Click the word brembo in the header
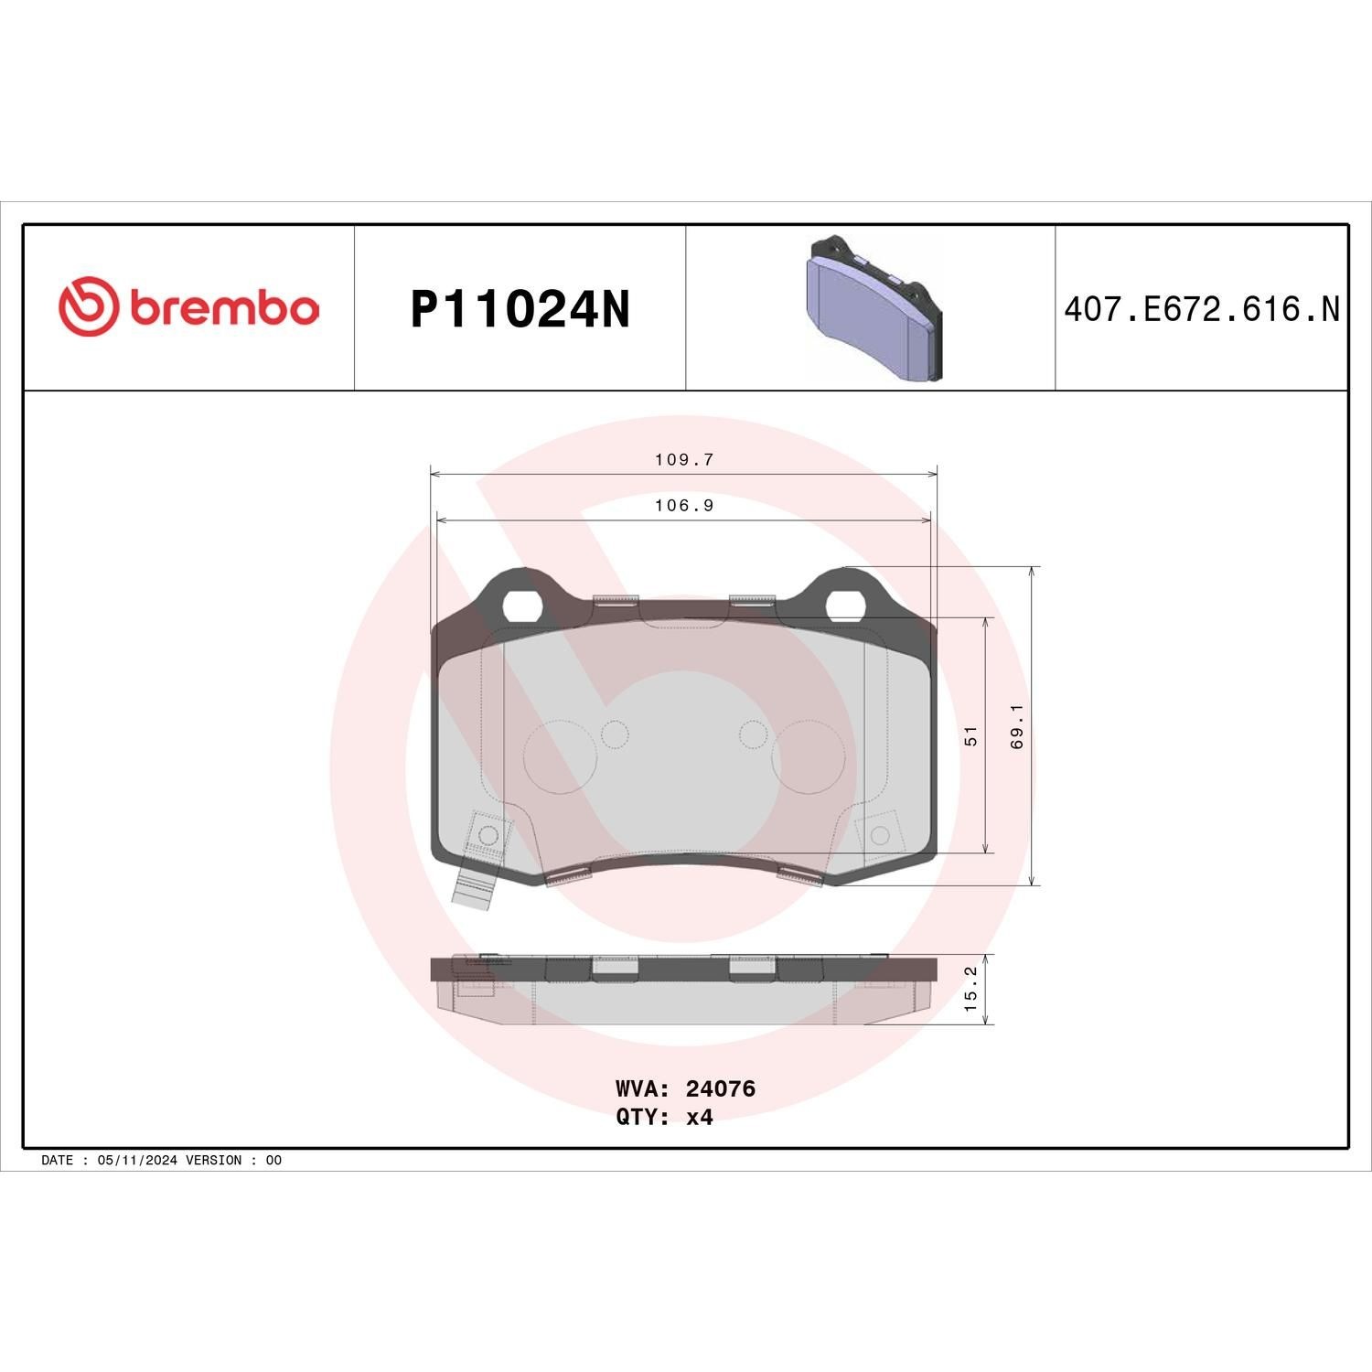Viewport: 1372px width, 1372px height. click(x=224, y=308)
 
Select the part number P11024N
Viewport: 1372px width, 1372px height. click(x=520, y=309)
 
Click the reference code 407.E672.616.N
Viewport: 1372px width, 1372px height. click(x=1201, y=309)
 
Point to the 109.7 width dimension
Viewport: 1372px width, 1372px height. click(x=683, y=460)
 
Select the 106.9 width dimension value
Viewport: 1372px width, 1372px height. click(x=683, y=506)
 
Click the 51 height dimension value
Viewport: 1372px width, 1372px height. click(x=971, y=735)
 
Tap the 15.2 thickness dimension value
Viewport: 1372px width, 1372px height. click(x=971, y=989)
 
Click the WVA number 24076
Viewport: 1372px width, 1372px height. click(x=720, y=1088)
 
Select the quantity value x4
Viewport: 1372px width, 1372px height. click(x=699, y=1117)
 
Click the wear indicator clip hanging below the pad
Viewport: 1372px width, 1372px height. click(x=475, y=885)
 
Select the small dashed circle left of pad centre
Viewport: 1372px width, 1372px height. click(x=615, y=734)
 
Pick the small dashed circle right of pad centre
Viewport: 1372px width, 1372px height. click(x=752, y=734)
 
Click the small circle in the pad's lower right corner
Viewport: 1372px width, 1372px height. click(x=880, y=834)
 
